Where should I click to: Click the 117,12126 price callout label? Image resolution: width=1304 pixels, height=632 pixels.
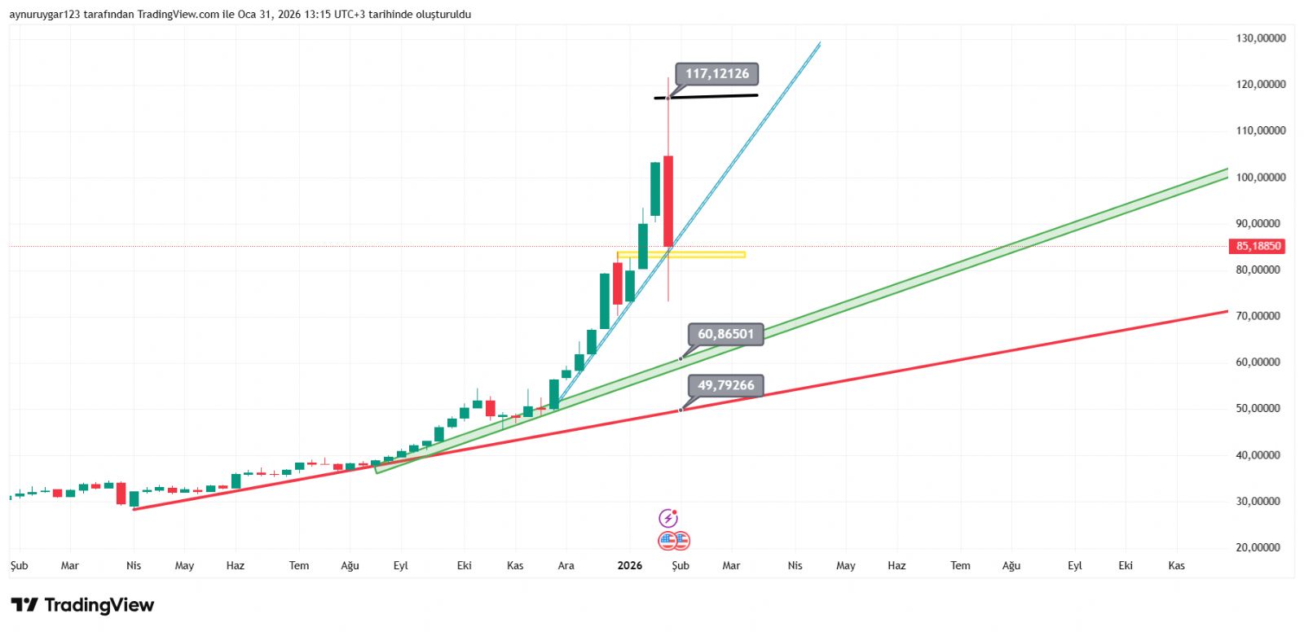pyautogui.click(x=716, y=74)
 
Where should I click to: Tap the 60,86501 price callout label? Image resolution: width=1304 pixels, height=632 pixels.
pyautogui.click(x=725, y=334)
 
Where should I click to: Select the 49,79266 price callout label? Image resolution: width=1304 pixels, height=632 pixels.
pyautogui.click(x=725, y=385)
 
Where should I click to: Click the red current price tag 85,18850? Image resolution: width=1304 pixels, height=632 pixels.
pyautogui.click(x=1258, y=246)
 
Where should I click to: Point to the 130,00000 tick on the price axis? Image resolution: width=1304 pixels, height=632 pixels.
pyautogui.click(x=1260, y=38)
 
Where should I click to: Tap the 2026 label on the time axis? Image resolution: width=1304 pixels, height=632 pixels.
pyautogui.click(x=629, y=565)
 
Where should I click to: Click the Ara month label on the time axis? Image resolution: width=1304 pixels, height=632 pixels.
pyautogui.click(x=566, y=565)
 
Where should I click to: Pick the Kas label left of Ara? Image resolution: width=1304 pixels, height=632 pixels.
pyautogui.click(x=515, y=565)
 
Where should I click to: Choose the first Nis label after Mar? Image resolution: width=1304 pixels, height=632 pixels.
pyautogui.click(x=134, y=565)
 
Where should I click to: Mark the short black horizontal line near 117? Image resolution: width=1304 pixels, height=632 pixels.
pyautogui.click(x=706, y=97)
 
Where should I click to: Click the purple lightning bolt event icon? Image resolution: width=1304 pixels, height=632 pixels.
pyautogui.click(x=668, y=518)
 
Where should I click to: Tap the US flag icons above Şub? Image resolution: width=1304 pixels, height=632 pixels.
pyautogui.click(x=674, y=540)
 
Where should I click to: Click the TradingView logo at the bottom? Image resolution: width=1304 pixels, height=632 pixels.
pyautogui.click(x=82, y=605)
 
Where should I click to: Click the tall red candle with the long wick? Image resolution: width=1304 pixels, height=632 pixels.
pyautogui.click(x=668, y=200)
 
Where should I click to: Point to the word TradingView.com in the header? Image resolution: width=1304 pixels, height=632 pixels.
pyautogui.click(x=178, y=14)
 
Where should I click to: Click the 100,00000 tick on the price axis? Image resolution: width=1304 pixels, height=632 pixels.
pyautogui.click(x=1260, y=178)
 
